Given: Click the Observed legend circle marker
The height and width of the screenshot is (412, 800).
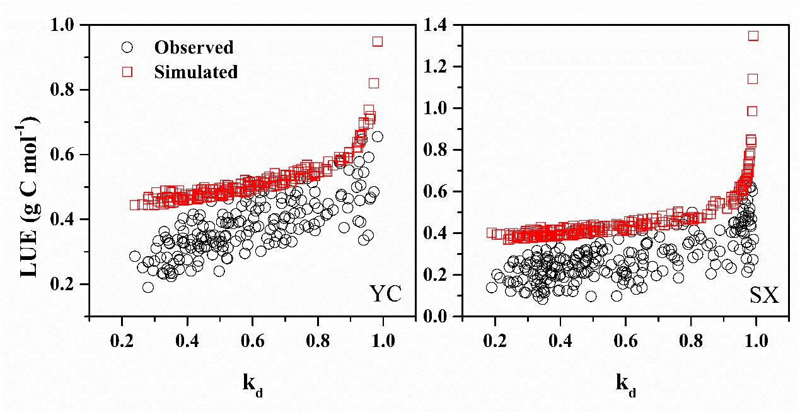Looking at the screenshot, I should tap(127, 47).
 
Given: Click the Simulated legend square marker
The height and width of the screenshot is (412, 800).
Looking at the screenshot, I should tap(127, 72).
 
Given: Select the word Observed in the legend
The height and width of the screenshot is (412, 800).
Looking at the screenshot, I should tap(194, 47).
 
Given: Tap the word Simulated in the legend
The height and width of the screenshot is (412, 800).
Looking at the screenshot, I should tap(195, 72).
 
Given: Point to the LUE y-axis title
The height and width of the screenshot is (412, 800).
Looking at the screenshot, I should tap(27, 170).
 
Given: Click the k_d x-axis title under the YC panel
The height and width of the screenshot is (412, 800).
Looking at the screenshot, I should tap(252, 384).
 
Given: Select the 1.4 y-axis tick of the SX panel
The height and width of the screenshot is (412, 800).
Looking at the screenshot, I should tap(443, 25).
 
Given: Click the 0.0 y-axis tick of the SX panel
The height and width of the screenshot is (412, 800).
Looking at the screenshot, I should tap(443, 316).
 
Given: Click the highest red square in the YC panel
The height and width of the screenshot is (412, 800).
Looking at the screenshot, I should tap(378, 42).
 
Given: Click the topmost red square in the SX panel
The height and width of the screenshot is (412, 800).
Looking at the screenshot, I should tap(753, 36).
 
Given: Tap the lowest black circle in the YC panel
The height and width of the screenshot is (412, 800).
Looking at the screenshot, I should tap(148, 287).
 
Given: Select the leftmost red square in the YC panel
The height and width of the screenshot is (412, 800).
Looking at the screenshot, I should tap(135, 205).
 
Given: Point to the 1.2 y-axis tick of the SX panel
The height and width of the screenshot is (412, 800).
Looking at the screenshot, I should tap(443, 67).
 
